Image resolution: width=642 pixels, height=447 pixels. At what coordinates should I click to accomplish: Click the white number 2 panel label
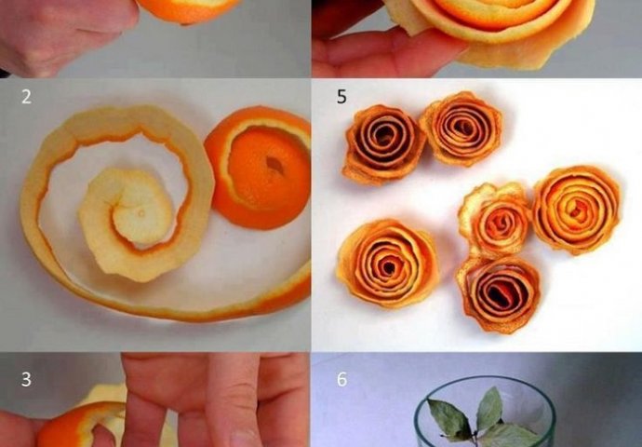tap(26, 97)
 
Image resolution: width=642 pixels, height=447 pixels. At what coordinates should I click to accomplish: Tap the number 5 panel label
tap(341, 97)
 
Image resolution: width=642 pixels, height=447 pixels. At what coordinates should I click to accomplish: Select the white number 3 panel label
tap(26, 379)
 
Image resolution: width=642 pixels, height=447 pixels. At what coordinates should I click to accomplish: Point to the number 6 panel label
tap(341, 379)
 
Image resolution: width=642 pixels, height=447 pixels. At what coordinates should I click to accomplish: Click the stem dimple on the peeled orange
tap(274, 165)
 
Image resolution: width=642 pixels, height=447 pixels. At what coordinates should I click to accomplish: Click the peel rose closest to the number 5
tap(382, 143)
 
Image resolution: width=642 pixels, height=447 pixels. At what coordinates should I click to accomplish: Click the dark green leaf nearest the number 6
tap(449, 419)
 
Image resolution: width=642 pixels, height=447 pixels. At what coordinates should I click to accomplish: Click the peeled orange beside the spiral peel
tap(258, 168)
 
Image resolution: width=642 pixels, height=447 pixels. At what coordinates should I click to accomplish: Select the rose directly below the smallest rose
tap(499, 293)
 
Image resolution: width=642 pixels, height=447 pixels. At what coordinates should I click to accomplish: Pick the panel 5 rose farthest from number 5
tap(576, 210)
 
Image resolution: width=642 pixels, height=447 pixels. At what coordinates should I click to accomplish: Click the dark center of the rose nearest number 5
tap(384, 132)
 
